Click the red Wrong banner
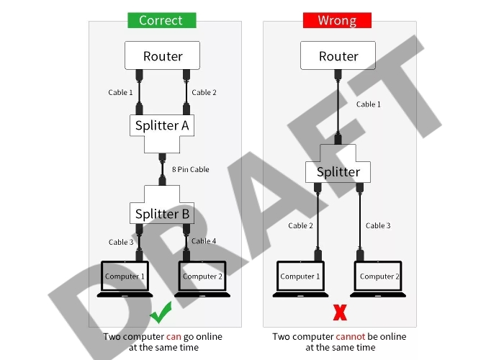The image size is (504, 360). [336, 20]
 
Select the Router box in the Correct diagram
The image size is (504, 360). [163, 56]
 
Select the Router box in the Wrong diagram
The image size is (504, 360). [338, 56]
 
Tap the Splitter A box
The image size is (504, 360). [163, 126]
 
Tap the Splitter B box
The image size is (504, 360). [162, 214]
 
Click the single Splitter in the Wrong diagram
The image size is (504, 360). [338, 172]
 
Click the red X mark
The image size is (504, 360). [339, 313]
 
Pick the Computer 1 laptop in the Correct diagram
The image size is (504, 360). [125, 277]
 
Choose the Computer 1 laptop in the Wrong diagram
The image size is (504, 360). [297, 277]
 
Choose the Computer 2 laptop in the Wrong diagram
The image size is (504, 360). [377, 277]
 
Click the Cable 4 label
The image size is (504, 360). [204, 241]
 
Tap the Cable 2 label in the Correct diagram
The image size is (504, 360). [204, 92]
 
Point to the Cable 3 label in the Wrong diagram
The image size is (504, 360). [378, 225]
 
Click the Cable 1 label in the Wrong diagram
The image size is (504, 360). [369, 104]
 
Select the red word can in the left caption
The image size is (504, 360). [174, 336]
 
